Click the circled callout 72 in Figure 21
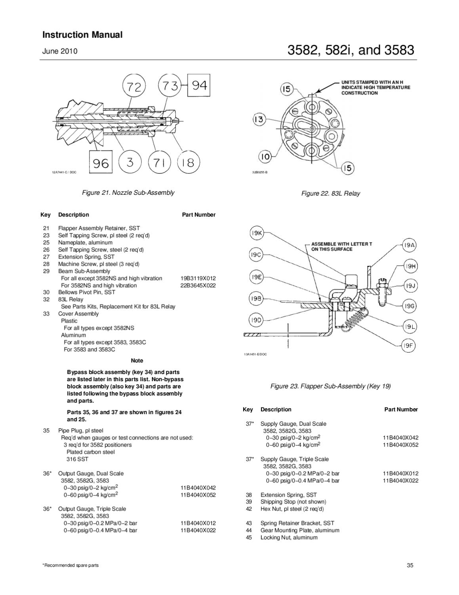coord(134,86)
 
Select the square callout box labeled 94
coord(199,85)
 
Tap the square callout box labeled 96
coord(101,163)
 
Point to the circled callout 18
coord(189,162)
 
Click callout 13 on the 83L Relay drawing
coord(259,119)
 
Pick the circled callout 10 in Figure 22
coord(265,157)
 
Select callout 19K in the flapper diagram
coord(257,233)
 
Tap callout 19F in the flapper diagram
coord(409,345)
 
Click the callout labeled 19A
coord(409,246)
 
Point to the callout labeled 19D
coord(256,320)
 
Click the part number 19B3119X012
coord(198,278)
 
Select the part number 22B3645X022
coord(198,286)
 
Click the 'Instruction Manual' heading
coord(82,35)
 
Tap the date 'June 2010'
coord(60,51)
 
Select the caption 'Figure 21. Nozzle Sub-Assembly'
coord(128,193)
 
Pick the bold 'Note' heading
coord(137,361)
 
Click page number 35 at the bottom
coord(410,565)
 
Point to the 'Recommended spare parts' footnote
coord(70,565)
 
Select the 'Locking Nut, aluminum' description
coord(289,537)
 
